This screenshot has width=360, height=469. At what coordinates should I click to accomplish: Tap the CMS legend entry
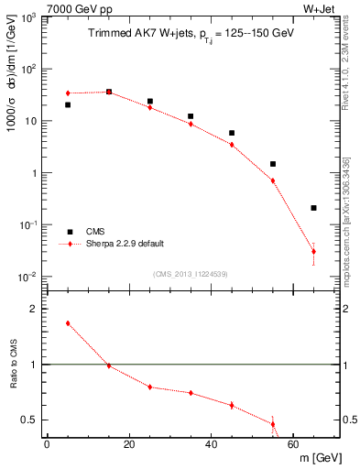94,232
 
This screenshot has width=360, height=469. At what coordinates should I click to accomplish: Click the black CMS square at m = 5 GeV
68,105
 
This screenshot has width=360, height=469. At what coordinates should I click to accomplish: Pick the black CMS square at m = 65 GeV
313,208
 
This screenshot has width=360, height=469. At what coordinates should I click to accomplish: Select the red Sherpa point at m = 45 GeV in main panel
232,145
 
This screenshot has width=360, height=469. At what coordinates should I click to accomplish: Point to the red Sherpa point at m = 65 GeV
313,251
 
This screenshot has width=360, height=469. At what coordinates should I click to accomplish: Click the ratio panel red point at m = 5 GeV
68,323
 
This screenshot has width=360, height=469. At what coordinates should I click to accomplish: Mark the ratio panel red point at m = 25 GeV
150,387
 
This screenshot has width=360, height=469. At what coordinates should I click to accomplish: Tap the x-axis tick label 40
211,444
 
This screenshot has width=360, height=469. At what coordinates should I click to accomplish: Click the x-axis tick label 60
292,444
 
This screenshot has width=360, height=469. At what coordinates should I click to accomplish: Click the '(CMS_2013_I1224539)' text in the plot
191,273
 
